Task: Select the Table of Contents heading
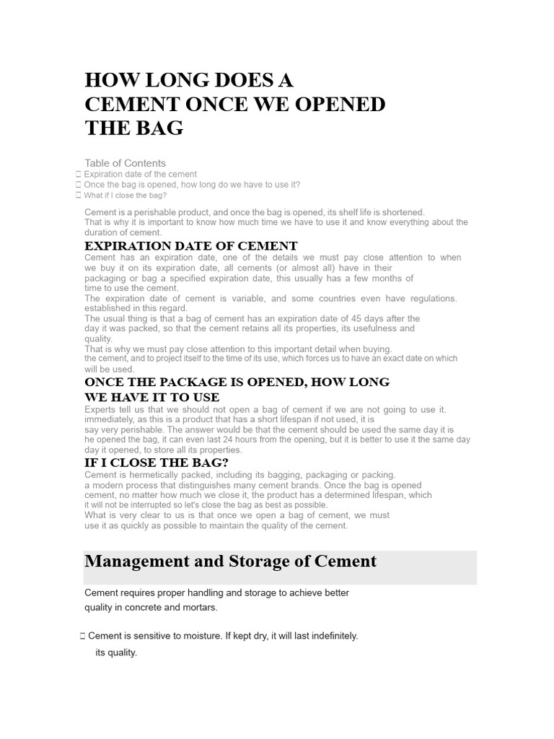125,163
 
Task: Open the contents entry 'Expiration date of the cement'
140,174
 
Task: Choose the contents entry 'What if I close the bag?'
126,195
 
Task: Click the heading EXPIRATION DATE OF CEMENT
191,246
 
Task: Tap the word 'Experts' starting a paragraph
100,409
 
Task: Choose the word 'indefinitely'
331,636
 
